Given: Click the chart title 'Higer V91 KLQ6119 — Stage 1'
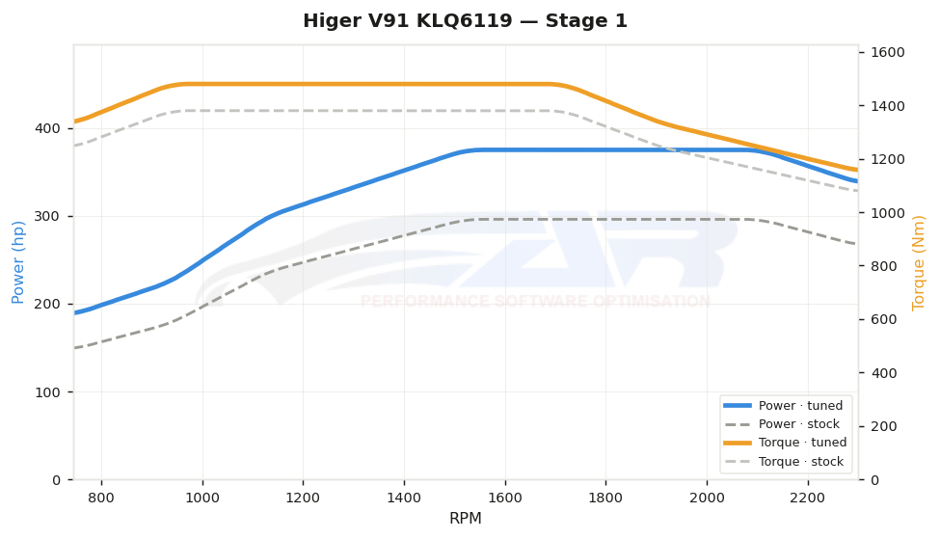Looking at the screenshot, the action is [466, 21].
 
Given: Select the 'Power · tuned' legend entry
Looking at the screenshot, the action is [784, 406].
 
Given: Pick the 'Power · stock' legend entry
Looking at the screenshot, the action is [782, 424].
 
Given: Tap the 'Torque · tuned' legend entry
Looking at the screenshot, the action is [786, 443].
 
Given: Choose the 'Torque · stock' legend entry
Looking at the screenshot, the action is [784, 462].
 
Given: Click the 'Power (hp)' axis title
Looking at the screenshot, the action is [18, 262].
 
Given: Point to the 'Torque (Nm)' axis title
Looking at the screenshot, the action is [919, 262].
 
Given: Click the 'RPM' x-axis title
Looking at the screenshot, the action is [466, 518].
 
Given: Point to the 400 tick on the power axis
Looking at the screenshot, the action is [48, 128].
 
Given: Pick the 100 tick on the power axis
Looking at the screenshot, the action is [48, 392].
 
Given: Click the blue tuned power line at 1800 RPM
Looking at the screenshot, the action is [605, 149].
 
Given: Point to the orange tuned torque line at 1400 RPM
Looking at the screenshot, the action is [404, 84].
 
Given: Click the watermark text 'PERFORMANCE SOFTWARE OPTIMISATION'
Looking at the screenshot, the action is [535, 301].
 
